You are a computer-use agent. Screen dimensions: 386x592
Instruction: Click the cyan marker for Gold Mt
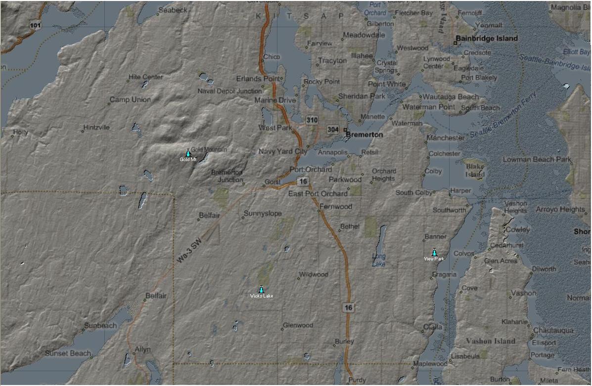tap(188, 153)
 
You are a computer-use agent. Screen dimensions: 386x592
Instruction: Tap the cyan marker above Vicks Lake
tap(261, 289)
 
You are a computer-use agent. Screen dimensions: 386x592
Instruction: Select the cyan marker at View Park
tap(434, 252)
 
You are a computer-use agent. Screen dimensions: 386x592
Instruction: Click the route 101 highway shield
tap(35, 25)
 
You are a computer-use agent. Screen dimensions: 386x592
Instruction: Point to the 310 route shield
tap(312, 120)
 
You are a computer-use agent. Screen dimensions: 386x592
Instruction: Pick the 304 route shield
tap(333, 129)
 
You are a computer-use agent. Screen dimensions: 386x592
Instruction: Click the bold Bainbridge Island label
tap(487, 39)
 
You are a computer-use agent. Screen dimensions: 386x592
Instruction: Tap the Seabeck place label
tap(173, 10)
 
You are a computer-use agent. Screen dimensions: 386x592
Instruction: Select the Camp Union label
tap(130, 100)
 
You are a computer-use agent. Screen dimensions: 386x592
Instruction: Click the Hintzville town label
tap(96, 128)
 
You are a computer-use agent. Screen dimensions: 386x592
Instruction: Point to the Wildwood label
tap(314, 274)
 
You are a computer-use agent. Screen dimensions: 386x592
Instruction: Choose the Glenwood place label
tap(298, 325)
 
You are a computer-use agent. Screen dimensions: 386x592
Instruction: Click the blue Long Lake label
tap(378, 260)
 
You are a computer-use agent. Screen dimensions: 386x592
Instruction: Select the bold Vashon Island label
tap(490, 341)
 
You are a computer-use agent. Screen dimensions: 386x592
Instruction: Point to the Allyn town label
tap(142, 349)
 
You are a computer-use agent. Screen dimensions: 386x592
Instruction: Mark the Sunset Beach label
tap(68, 353)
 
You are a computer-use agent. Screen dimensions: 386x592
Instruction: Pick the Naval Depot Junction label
tap(229, 91)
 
